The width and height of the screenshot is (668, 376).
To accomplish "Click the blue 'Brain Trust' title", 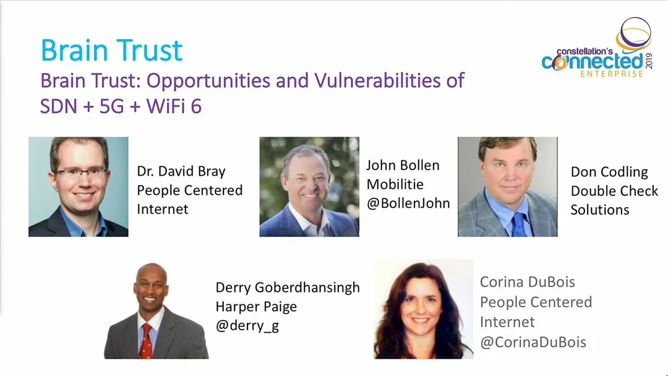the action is [x=111, y=50].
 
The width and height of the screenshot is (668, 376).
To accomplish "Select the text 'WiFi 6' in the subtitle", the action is [x=174, y=106].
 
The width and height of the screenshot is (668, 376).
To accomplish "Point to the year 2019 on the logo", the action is [x=649, y=61].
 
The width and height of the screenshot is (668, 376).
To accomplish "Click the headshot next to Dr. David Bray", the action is [x=79, y=187].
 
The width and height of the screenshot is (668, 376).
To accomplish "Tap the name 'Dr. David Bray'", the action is [x=181, y=171].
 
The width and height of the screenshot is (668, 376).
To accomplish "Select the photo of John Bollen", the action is [x=309, y=187].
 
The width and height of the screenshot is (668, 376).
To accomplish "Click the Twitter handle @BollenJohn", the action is [x=408, y=203].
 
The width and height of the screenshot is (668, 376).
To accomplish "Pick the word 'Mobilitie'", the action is [x=395, y=184].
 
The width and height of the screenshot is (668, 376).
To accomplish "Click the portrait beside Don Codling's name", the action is [x=507, y=187].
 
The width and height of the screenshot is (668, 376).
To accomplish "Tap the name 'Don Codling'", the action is [x=609, y=172].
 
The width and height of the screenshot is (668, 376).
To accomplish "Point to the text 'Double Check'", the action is [x=614, y=190].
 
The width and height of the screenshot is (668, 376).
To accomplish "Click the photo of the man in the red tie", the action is [x=156, y=311].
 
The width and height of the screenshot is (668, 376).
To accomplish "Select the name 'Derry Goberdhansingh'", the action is [x=288, y=288].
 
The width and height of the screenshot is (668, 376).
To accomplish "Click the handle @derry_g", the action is [x=247, y=326].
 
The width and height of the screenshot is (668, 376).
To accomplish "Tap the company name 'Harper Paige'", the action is [x=256, y=307].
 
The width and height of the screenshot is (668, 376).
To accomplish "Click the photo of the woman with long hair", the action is [x=424, y=309].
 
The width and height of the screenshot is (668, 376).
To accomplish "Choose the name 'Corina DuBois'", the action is [x=528, y=282].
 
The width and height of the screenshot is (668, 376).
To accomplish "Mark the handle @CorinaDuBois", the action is [x=533, y=342].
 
